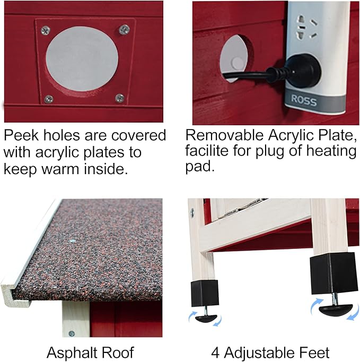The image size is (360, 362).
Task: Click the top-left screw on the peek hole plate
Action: click(x=46, y=31)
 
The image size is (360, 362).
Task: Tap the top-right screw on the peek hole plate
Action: click(x=124, y=29)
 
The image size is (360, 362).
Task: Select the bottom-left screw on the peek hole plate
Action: click(x=49, y=99)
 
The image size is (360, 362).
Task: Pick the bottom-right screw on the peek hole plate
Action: click(x=120, y=98)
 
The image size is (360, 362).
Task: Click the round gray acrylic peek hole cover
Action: click(x=82, y=58)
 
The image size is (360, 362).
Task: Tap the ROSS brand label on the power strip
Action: click(x=304, y=100)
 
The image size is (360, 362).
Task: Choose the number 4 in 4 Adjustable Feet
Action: click(x=215, y=353)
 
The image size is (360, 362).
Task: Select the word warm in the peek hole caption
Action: click(x=60, y=169)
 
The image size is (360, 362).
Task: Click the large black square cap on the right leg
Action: click(x=333, y=273)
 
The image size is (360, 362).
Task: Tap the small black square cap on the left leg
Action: click(x=205, y=293)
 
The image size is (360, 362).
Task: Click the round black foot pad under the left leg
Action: click(x=206, y=318)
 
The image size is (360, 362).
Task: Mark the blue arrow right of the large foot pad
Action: click(x=353, y=313)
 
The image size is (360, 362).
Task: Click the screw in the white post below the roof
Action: click(x=72, y=334)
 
